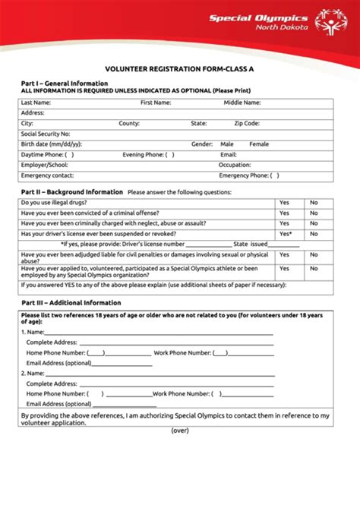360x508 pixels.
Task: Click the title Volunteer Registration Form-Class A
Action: point(180,66)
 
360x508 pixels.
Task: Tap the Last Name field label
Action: point(36,102)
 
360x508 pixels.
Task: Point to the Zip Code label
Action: point(247,123)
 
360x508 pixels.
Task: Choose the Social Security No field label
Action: point(46,134)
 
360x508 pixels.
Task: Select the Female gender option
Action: point(259,144)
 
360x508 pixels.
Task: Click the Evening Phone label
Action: point(144,155)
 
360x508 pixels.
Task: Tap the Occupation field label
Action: point(235,165)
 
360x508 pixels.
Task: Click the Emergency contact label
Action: point(47,175)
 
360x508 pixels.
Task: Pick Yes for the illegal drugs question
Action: point(284,203)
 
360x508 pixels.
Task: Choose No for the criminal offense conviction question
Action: point(314,213)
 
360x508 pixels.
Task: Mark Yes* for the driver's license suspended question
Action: point(286,234)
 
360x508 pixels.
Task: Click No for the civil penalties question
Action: point(314,255)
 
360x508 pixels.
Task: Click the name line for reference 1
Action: point(159,332)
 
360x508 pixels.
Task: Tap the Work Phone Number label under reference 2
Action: point(182,394)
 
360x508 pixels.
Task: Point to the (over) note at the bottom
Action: point(180,430)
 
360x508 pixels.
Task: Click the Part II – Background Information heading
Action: point(71,192)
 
